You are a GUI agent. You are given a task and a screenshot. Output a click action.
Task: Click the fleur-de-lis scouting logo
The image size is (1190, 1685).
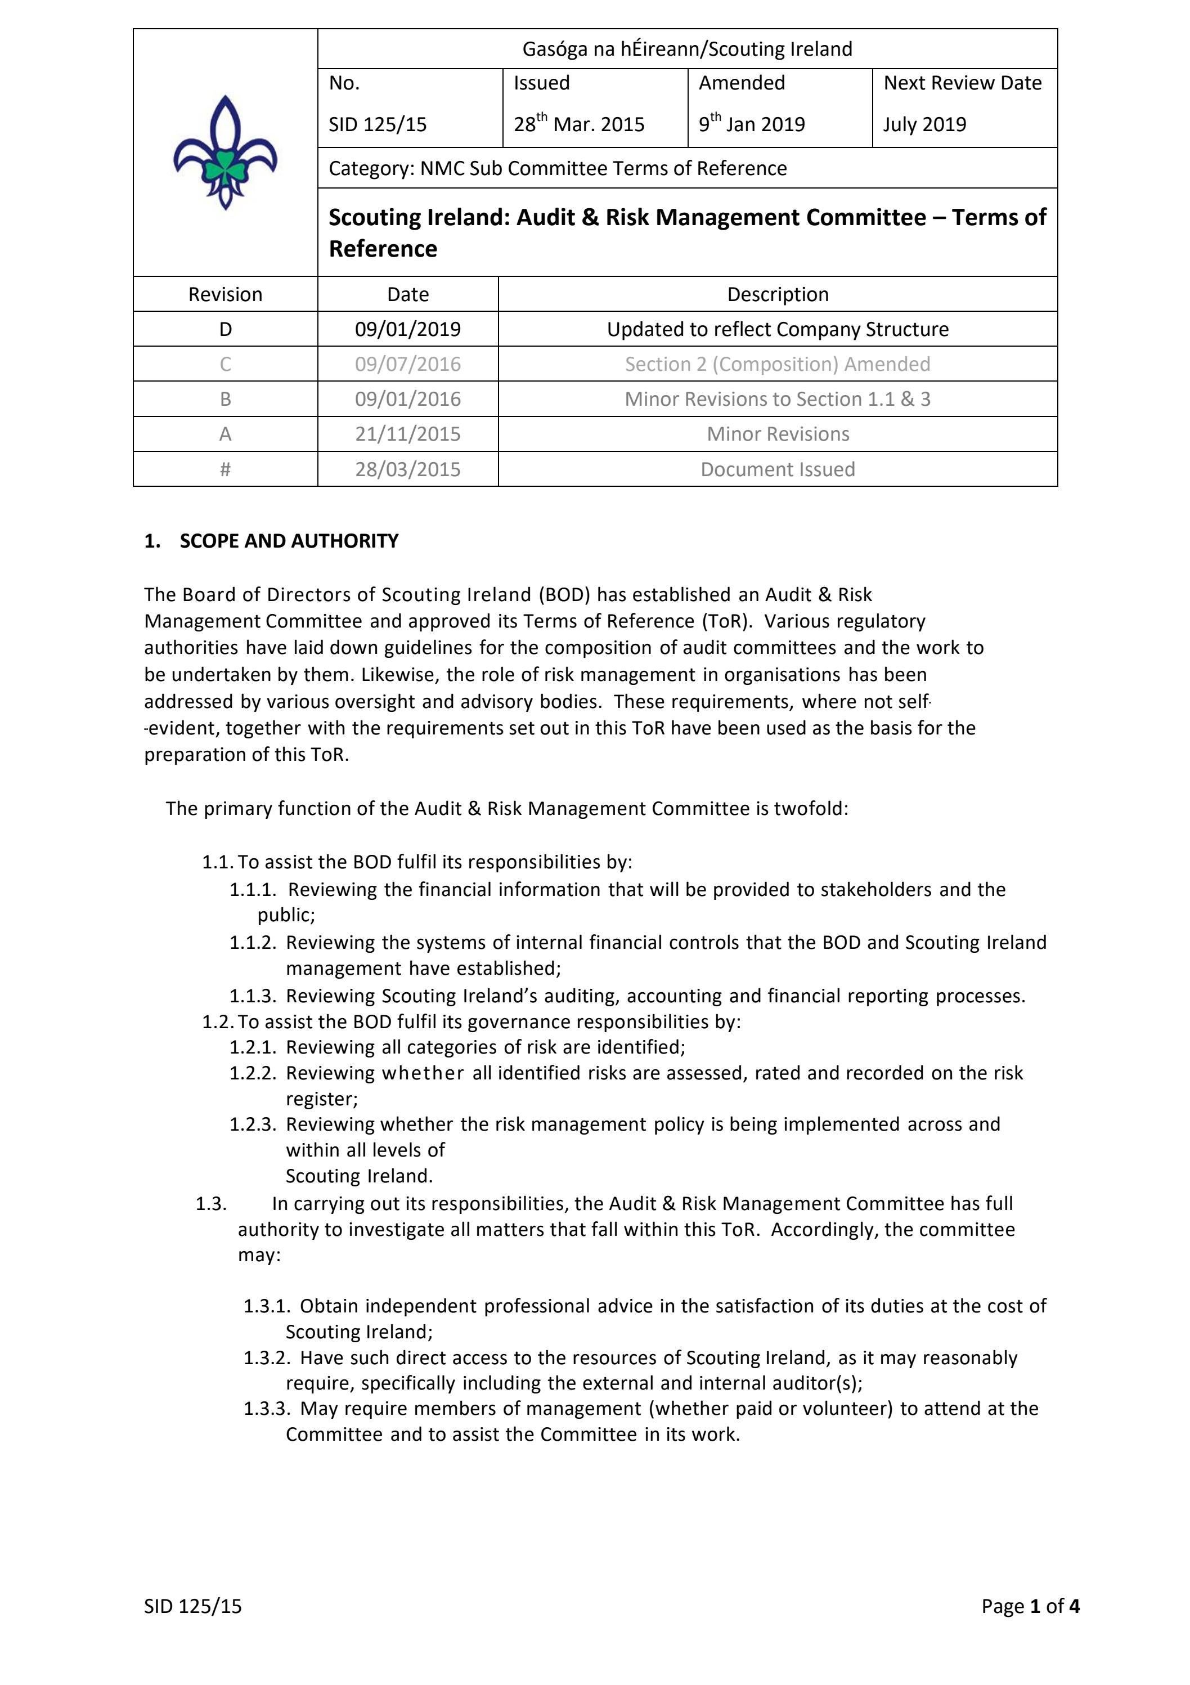pyautogui.click(x=225, y=153)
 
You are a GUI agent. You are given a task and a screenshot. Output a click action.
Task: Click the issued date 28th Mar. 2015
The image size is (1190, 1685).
pyautogui.click(x=579, y=123)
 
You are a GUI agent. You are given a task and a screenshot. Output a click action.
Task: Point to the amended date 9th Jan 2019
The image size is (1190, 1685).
pyautogui.click(x=751, y=123)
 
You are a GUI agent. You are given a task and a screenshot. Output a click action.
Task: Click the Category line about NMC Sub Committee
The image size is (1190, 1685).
pyautogui.click(x=558, y=168)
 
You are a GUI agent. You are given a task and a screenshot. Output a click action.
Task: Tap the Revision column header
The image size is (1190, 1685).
pyautogui.click(x=225, y=294)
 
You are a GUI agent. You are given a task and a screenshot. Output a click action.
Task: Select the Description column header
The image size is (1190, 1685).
pyautogui.click(x=778, y=294)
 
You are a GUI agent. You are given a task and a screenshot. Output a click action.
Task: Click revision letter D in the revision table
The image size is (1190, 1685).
pyautogui.click(x=225, y=329)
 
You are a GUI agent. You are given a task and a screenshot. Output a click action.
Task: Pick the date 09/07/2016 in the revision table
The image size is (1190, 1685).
pyautogui.click(x=408, y=364)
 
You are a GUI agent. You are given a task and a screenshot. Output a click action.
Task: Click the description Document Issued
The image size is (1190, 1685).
pyautogui.click(x=778, y=469)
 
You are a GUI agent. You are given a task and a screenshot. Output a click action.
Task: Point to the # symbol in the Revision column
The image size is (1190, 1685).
pyautogui.click(x=225, y=469)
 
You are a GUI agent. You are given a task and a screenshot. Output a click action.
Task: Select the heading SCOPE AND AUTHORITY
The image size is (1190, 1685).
pyautogui.click(x=289, y=541)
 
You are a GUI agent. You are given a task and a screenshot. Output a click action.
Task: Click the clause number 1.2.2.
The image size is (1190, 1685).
pyautogui.click(x=253, y=1073)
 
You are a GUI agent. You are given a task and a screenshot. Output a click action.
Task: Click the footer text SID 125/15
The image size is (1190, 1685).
pyautogui.click(x=193, y=1606)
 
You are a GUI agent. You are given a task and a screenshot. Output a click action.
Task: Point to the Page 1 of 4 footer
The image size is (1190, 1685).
pyautogui.click(x=1030, y=1606)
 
